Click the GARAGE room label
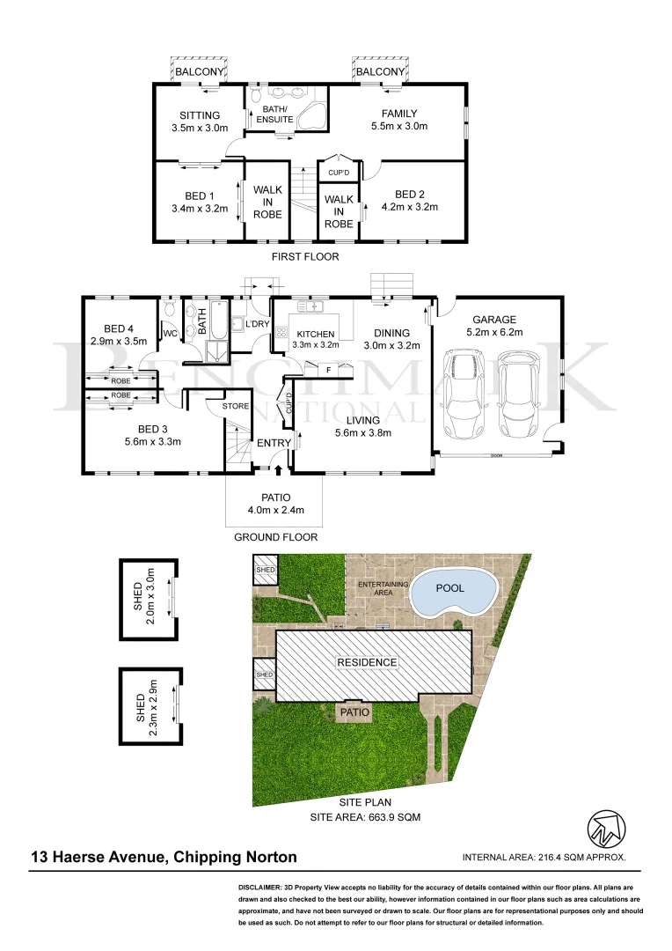(x=494, y=320)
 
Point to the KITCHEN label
(x=314, y=335)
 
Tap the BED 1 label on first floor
(x=200, y=195)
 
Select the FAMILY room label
(x=399, y=114)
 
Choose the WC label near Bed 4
(x=170, y=334)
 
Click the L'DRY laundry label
(x=257, y=325)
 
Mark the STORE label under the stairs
(x=235, y=406)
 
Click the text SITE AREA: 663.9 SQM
(x=366, y=817)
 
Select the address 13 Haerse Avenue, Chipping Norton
(x=164, y=857)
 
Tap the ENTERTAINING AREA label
(x=382, y=588)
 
